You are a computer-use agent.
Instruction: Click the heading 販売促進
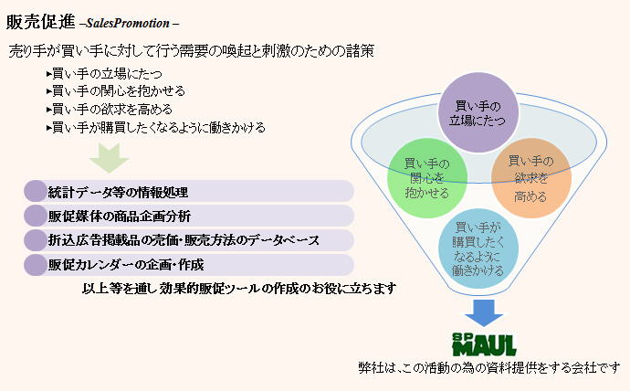point(40,22)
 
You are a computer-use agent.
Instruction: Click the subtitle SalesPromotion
point(128,24)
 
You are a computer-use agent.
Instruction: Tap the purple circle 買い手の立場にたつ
point(478,113)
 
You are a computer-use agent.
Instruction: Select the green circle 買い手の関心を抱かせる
point(427,178)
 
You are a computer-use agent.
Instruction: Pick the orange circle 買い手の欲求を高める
point(531,178)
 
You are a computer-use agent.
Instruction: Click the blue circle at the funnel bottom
point(478,248)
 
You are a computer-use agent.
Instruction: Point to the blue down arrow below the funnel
point(484,312)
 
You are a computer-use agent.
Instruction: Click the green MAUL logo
point(484,344)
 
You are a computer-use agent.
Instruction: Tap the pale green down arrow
point(109,158)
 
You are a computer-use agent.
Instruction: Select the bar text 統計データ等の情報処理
point(118,192)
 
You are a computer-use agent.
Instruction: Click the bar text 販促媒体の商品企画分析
point(120,217)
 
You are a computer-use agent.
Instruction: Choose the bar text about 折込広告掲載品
point(184,240)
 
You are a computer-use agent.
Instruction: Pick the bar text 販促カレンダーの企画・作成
point(126,264)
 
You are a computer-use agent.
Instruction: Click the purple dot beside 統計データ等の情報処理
point(36,191)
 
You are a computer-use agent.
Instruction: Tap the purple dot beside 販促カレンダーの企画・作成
point(36,264)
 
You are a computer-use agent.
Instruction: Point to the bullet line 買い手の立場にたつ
point(104,73)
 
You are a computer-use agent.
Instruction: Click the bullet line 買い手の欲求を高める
point(110,109)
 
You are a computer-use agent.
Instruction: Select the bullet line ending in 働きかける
point(156,127)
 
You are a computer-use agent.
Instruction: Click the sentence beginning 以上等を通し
point(239,288)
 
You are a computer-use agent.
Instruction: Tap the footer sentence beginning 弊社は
point(489,367)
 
